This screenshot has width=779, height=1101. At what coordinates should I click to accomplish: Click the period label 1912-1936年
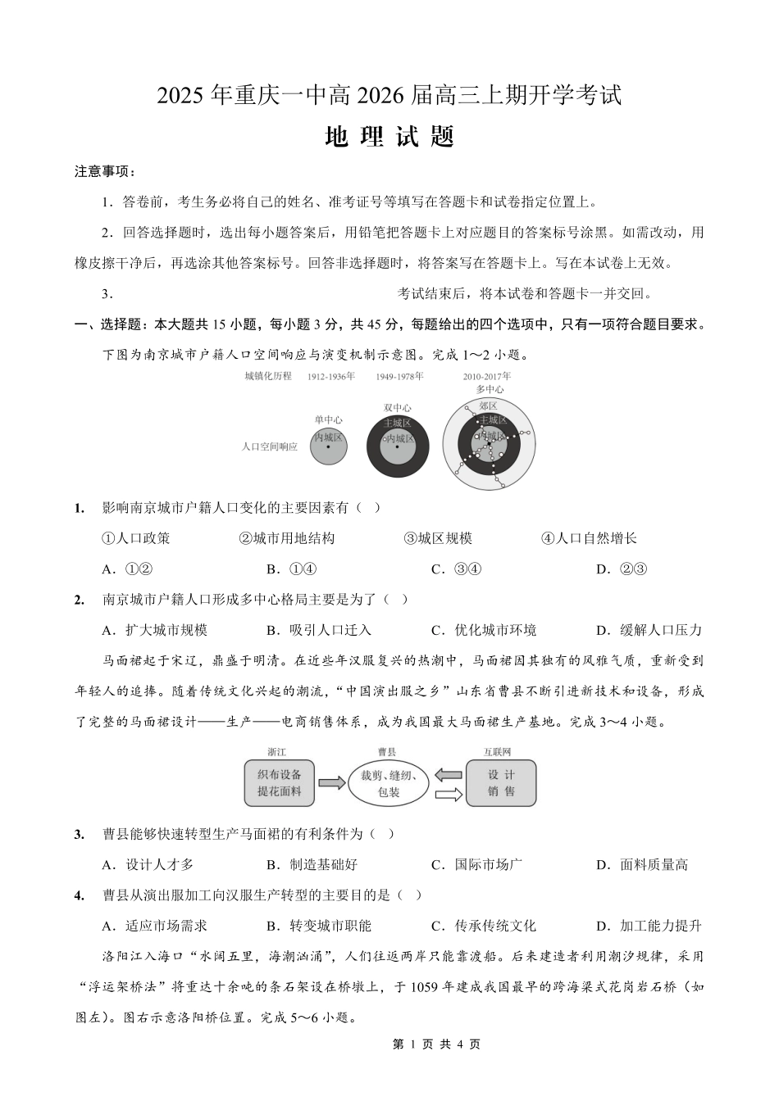click(330, 377)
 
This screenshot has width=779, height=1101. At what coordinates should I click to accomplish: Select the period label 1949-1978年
click(399, 377)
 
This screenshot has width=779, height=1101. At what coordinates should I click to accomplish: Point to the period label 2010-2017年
click(486, 377)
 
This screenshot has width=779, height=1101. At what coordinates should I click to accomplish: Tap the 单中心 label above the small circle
click(328, 420)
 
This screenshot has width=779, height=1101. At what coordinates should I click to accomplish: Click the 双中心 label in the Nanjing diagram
click(398, 408)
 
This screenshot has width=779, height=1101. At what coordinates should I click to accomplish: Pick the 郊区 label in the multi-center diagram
click(488, 406)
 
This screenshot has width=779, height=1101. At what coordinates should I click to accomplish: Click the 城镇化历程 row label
click(267, 377)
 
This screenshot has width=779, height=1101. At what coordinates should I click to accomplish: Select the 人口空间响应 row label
click(270, 447)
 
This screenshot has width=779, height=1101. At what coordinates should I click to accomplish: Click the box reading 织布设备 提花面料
click(280, 782)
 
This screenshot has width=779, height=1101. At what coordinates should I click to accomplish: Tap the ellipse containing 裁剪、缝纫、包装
click(389, 783)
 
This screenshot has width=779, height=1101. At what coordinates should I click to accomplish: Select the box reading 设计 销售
click(501, 782)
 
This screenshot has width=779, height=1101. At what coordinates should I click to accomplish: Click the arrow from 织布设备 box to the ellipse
click(331, 783)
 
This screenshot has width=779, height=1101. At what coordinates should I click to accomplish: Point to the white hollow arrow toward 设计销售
click(447, 794)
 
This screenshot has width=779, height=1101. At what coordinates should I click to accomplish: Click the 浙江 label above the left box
click(277, 751)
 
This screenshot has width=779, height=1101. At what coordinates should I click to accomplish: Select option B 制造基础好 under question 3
click(312, 864)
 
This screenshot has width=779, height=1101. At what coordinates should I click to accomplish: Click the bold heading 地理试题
click(389, 137)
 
